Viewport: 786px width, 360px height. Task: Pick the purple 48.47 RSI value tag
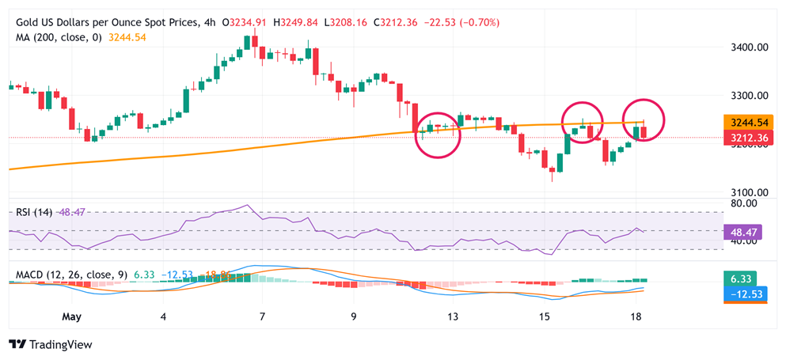pyautogui.click(x=744, y=232)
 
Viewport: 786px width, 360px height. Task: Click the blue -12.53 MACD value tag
pyautogui.click(x=744, y=295)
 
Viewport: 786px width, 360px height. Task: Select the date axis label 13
pyautogui.click(x=453, y=316)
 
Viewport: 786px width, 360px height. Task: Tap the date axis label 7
pyautogui.click(x=261, y=316)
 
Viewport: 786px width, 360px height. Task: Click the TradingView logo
pyautogui.click(x=50, y=345)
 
